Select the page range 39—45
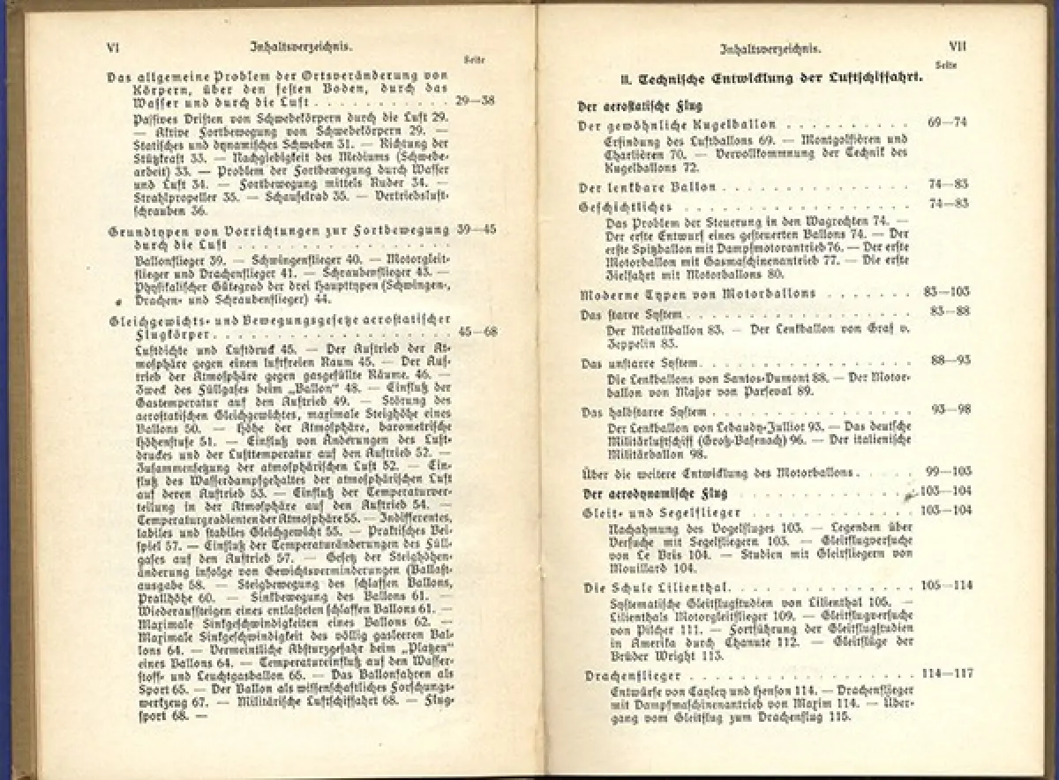[x=477, y=229]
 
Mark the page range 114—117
[x=947, y=673]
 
